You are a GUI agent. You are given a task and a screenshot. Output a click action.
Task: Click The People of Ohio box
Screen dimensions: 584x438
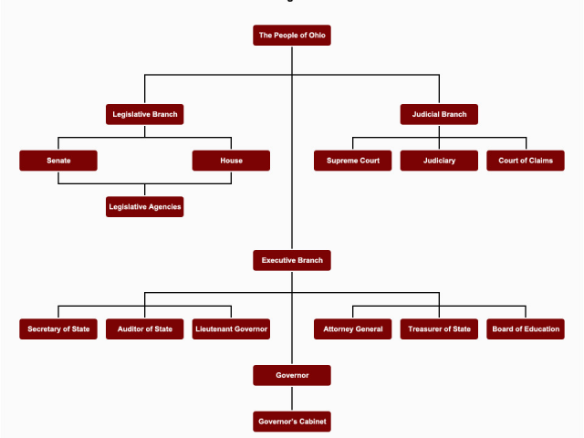[x=292, y=36]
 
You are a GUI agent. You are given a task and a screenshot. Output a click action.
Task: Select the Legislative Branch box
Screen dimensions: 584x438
[x=145, y=114]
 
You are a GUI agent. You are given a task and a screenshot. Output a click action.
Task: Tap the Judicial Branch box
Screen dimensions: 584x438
[x=439, y=114]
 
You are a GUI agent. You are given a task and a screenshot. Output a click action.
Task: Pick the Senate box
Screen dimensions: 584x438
[x=58, y=161]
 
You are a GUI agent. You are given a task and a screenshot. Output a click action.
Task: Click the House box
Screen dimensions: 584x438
[x=231, y=161]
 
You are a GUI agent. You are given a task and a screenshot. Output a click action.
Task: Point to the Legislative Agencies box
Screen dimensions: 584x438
[x=145, y=207]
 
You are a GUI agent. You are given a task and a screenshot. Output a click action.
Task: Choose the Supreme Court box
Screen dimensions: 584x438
[x=353, y=161]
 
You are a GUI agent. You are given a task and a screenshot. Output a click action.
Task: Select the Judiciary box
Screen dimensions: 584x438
[x=439, y=161]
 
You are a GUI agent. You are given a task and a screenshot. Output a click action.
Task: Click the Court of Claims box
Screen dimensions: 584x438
[x=526, y=161]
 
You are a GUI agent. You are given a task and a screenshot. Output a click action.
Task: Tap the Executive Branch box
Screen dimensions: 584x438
[x=292, y=260]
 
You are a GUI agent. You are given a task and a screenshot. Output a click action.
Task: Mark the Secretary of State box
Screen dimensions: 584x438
[x=58, y=328]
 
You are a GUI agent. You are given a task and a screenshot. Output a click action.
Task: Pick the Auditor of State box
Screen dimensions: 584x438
[x=145, y=328]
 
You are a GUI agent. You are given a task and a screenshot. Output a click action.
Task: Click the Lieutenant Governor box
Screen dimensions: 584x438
[x=231, y=328]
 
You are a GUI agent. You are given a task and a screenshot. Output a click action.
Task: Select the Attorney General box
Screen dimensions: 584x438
[x=353, y=328]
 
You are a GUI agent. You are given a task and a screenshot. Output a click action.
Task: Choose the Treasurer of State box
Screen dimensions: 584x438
[x=439, y=328]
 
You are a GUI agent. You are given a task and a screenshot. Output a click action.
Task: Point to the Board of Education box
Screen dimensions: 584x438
[x=526, y=328]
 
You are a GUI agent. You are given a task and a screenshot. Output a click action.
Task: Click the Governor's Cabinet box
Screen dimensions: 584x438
[x=292, y=422]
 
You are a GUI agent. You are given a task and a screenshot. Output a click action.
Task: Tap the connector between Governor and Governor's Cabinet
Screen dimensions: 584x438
[x=292, y=398]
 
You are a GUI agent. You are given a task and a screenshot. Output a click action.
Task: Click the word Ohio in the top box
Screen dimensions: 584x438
[x=317, y=36]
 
